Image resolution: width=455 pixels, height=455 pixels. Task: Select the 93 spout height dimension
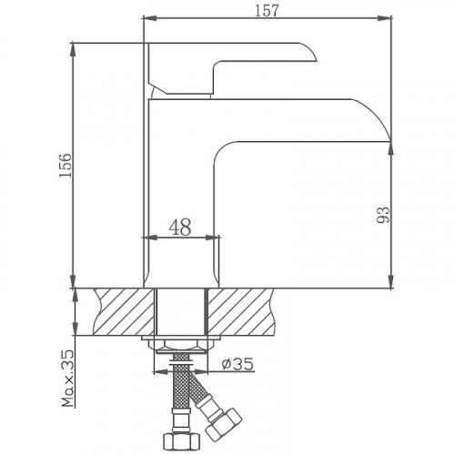pyautogui.click(x=382, y=215)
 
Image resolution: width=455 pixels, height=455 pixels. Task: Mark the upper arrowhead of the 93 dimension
pyautogui.click(x=391, y=146)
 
